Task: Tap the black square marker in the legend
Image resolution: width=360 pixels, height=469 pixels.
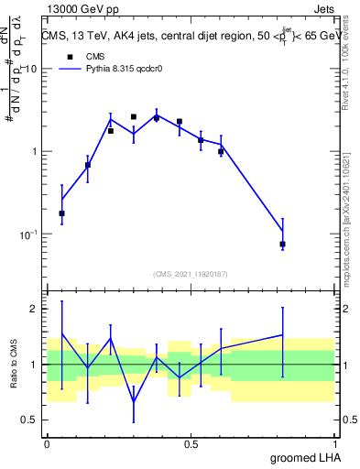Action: point(66,55)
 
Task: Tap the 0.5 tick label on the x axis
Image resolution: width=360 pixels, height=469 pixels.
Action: point(191,442)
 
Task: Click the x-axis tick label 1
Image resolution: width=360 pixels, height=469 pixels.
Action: point(335,442)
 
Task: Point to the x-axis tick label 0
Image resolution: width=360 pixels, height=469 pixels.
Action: point(47,442)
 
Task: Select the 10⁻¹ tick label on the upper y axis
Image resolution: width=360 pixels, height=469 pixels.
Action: point(29,234)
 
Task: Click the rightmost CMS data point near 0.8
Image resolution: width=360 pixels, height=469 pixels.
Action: point(282,245)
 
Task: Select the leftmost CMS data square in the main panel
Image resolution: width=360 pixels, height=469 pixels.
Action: point(61,213)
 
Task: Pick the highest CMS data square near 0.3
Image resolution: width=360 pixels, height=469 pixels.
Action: point(134,117)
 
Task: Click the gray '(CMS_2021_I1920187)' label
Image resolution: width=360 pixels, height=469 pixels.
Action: point(191,273)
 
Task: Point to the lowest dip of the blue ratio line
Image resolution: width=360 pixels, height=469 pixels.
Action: point(134,401)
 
